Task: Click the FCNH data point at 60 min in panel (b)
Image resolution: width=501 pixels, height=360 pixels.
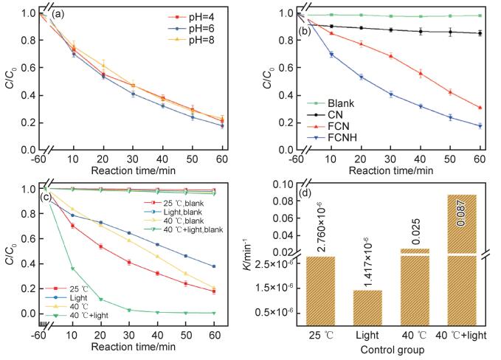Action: tap(480, 126)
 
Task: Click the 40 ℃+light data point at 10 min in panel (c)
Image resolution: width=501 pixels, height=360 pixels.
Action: tap(72, 268)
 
